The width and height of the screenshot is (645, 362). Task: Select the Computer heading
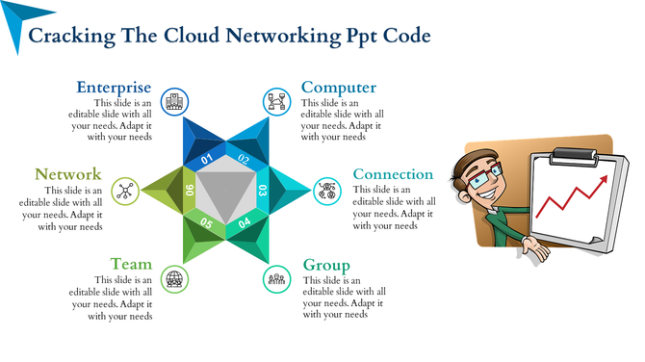(x=339, y=88)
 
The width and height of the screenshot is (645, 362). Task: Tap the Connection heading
(x=393, y=174)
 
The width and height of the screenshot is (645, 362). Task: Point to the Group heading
(x=326, y=265)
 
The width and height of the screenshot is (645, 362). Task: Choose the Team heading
(x=131, y=264)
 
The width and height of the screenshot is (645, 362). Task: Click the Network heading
(x=68, y=174)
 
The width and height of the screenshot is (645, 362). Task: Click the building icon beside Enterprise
(x=174, y=100)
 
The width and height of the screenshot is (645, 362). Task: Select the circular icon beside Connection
(x=328, y=189)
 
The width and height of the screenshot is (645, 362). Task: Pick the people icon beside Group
(x=277, y=279)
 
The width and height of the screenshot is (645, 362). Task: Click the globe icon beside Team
(x=174, y=279)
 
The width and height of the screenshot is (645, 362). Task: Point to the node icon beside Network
(x=124, y=190)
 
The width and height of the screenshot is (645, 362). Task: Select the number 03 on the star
(x=263, y=191)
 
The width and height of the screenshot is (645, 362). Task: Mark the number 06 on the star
(x=190, y=191)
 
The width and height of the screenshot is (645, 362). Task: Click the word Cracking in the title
(x=72, y=36)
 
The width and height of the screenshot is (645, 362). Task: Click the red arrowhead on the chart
(x=605, y=178)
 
